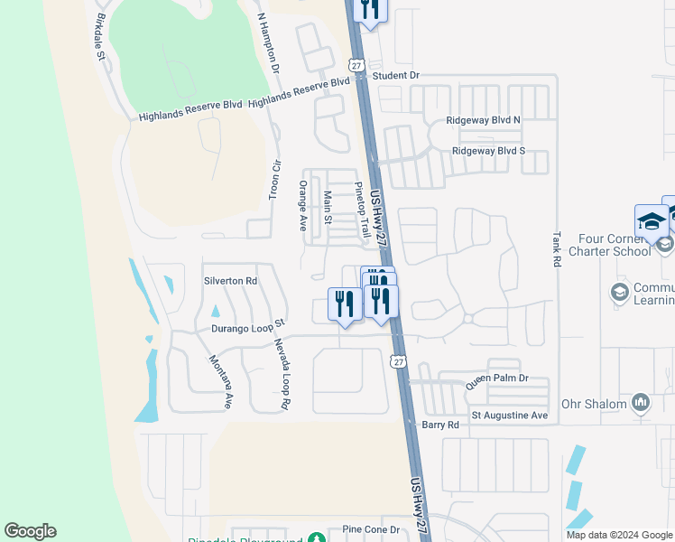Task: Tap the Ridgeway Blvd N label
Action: [x=485, y=120]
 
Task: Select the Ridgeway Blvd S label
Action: [x=488, y=151]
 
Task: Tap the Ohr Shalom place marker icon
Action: [x=641, y=401]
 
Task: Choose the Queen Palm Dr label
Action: [x=495, y=381]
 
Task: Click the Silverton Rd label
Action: [x=230, y=281]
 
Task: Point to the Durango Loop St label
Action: [x=248, y=326]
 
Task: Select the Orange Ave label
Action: [x=303, y=205]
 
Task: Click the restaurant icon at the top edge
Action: [x=370, y=10]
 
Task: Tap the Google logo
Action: [x=30, y=531]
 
